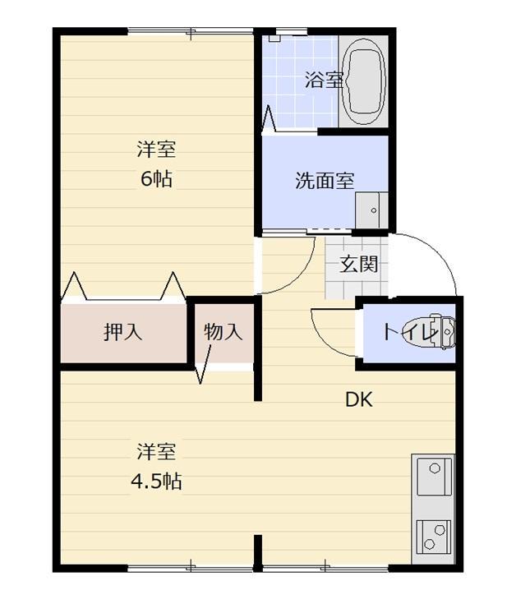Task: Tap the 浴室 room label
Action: point(323,81)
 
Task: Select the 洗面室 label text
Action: point(325,181)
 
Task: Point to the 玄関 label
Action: point(359,265)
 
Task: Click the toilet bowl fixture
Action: point(440,331)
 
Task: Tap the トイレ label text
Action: point(405,333)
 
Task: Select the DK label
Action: point(359,400)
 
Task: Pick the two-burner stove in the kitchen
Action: point(434,536)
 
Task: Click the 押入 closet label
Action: point(123,332)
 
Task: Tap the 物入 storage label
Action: point(223,332)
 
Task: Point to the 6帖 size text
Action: point(156,178)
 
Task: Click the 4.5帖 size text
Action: point(156,481)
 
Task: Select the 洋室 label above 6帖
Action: point(156,150)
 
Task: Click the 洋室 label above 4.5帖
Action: point(156,452)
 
